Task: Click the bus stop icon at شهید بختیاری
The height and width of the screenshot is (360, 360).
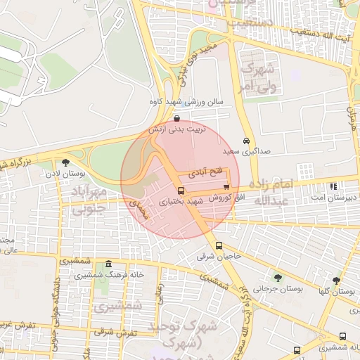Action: [x=181, y=191]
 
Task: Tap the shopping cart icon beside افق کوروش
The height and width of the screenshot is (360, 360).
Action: [x=226, y=187]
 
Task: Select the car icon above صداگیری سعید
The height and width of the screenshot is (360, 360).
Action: [x=245, y=139]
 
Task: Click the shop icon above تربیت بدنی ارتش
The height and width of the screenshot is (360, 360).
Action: [x=175, y=118]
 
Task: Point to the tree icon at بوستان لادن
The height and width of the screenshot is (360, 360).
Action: [x=65, y=163]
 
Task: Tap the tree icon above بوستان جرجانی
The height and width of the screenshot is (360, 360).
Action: [x=277, y=277]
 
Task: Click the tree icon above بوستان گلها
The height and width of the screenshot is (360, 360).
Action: [x=336, y=280]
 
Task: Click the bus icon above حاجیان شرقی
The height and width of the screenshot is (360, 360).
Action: [x=219, y=245]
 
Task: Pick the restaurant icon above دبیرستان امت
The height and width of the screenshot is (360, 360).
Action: [x=333, y=187]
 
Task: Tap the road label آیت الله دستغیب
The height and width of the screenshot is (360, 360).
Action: [x=323, y=32]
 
